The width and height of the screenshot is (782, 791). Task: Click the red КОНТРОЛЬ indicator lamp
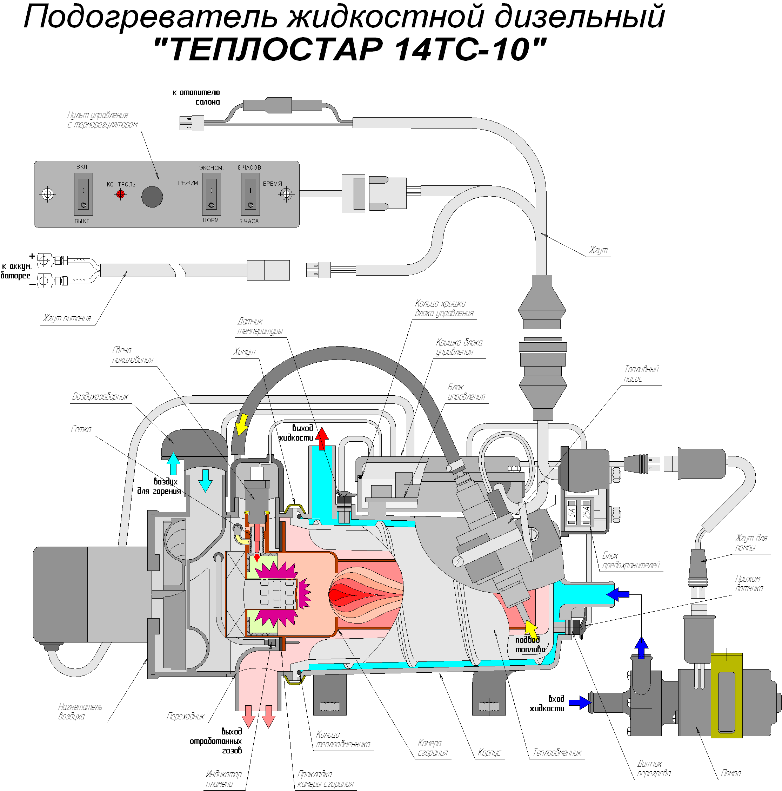point(120,194)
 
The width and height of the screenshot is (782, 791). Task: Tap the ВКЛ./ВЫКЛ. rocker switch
point(83,194)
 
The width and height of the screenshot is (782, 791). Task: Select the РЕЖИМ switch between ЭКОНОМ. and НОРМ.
point(211,194)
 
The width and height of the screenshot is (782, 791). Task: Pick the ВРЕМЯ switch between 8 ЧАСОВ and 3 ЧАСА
point(250,194)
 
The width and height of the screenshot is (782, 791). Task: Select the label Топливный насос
point(641,374)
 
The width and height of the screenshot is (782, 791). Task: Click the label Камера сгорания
point(432,747)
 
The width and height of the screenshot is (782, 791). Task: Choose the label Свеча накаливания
point(133,355)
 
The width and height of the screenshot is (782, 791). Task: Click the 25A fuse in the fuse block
point(586,512)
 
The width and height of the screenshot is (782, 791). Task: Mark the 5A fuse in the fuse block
point(572,512)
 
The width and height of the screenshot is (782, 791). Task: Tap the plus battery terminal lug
point(44,260)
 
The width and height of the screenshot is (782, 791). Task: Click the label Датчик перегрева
point(654,769)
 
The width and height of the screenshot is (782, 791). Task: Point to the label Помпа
point(731,773)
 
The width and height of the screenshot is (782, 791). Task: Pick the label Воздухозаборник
point(100,396)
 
